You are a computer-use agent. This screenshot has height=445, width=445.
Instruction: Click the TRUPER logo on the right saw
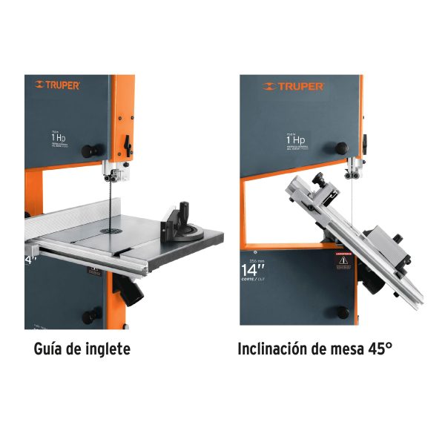pyautogui.click(x=292, y=87)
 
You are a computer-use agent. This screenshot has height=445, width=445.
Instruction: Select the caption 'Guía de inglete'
pyautogui.click(x=83, y=348)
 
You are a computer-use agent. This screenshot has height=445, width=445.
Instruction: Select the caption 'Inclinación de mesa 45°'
pyautogui.click(x=314, y=348)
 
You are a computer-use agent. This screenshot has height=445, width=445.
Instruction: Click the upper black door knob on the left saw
pyautogui.click(x=91, y=151)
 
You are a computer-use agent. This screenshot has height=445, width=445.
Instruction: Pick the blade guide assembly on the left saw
pyautogui.click(x=113, y=175)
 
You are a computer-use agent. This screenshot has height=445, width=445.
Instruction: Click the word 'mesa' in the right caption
pyautogui.click(x=340, y=348)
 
